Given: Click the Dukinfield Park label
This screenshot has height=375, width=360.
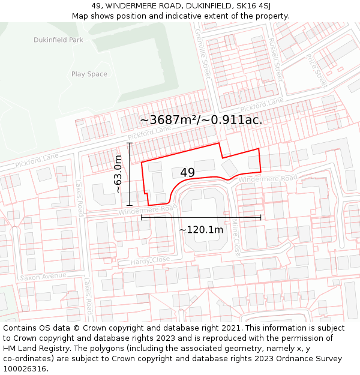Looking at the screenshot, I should pyautogui.click(x=58, y=40).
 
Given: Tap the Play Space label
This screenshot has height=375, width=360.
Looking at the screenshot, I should pyautogui.click(x=89, y=74).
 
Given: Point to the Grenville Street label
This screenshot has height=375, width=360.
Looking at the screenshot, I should pyautogui.click(x=205, y=59).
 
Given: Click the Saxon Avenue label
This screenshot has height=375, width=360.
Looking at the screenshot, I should pyautogui.click(x=43, y=277).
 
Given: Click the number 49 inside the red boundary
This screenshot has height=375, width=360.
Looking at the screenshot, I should pyautogui.click(x=187, y=173).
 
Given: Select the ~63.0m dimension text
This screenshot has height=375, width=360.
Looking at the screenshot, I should pyautogui.click(x=118, y=173).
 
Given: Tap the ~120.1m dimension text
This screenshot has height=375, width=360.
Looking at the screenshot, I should pyautogui.click(x=201, y=229).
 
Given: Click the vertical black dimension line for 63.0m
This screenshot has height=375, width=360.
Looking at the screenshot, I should pyautogui.click(x=130, y=174).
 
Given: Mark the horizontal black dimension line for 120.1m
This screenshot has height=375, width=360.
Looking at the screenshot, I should pyautogui.click(x=201, y=217).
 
